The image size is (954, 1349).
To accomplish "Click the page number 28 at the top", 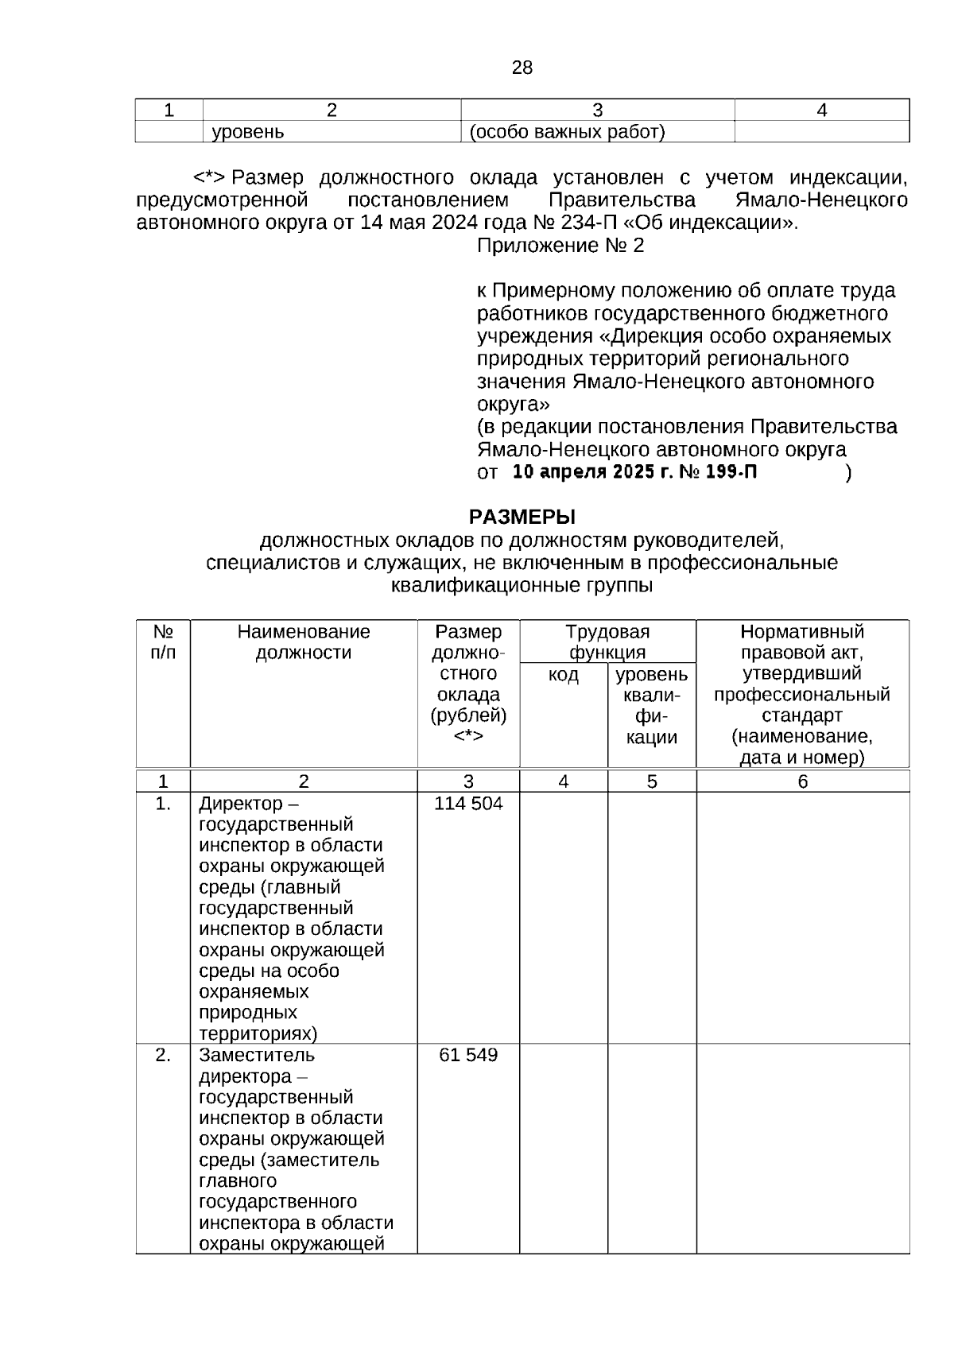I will pos(522,68).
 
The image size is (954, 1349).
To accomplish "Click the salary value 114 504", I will pos(468,804).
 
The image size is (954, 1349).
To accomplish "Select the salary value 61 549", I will pos(468,1056).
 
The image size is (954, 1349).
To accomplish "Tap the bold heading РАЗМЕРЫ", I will pos(522,518).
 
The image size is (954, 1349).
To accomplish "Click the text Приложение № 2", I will pos(560,246).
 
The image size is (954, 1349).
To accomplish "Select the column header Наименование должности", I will pos(304,642).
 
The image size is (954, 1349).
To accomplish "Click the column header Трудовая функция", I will pos(607,642).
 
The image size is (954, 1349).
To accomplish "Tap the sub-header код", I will pos(564,676).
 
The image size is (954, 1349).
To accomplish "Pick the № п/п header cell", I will pos(163,642).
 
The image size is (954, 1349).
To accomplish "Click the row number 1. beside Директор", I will pos(163,804).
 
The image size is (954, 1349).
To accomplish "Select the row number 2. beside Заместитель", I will pos(163,1056).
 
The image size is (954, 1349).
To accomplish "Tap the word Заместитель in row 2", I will pos(257,1056).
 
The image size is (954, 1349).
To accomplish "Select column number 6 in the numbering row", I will pos(802,781).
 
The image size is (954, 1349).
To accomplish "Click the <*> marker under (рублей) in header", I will pos(468,737).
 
